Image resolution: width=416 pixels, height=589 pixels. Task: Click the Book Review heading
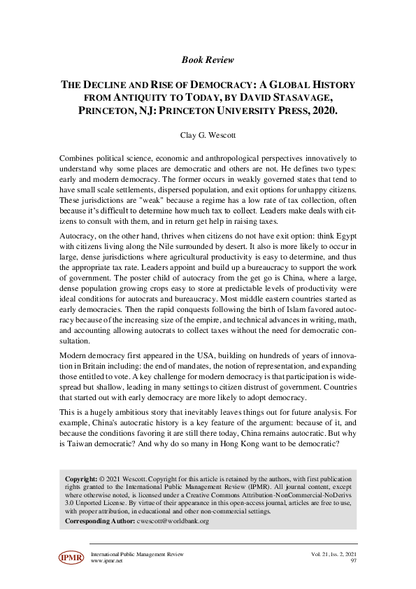click(x=208, y=60)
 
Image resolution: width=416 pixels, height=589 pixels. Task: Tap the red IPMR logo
click(x=71, y=558)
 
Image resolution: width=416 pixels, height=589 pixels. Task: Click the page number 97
click(x=353, y=561)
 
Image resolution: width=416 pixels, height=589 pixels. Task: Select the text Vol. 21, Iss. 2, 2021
click(x=334, y=554)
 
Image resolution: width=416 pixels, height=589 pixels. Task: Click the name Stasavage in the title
click(x=320, y=98)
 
